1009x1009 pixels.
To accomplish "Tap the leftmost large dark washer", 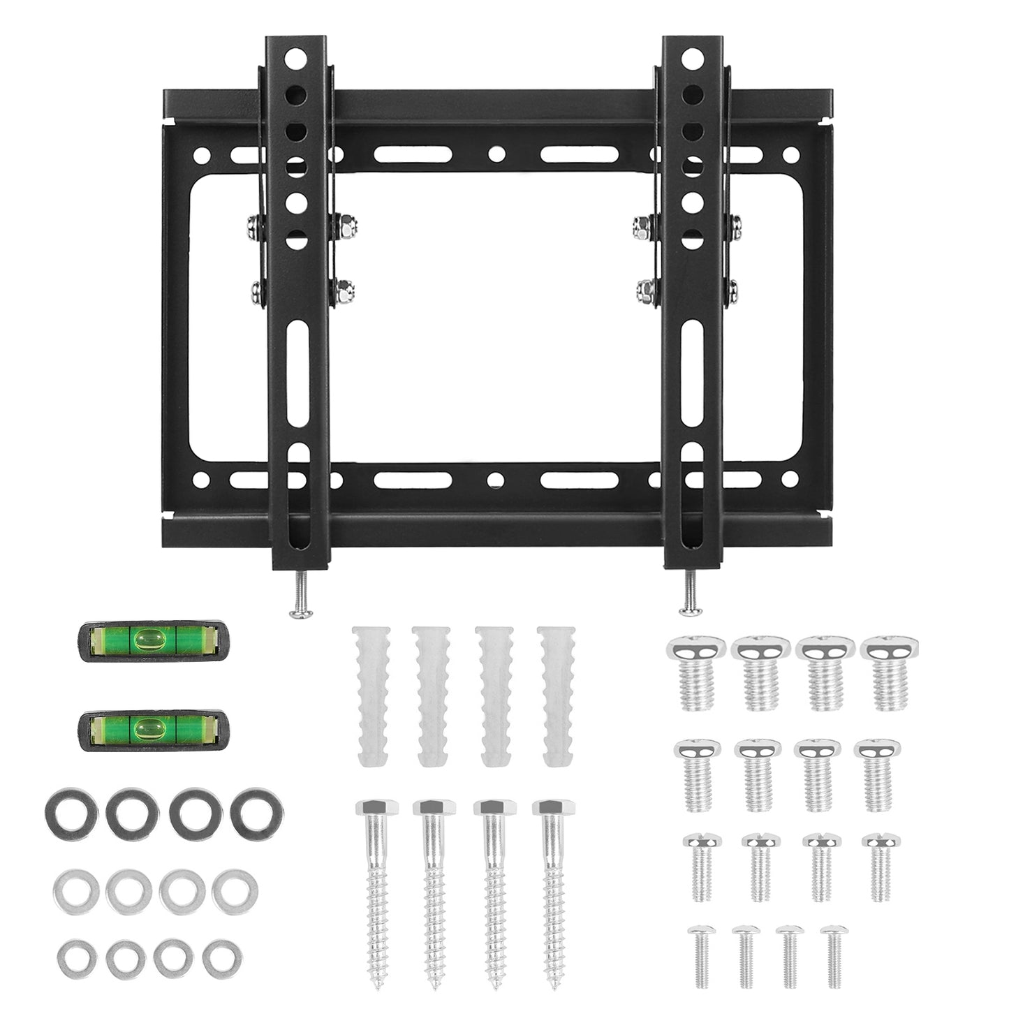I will [67, 811].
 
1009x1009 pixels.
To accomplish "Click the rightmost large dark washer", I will [258, 810].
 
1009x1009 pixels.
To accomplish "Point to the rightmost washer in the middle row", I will [234, 891].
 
